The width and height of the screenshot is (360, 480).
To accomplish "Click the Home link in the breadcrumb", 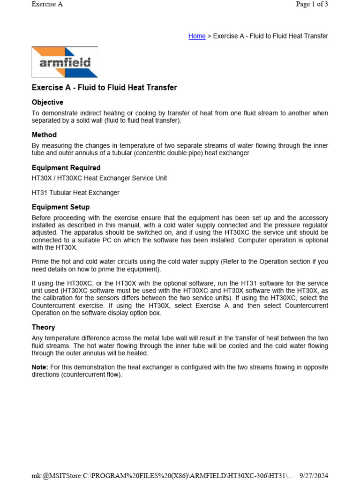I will tap(197, 36).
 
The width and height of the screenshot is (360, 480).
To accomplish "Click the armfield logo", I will tap(65, 62).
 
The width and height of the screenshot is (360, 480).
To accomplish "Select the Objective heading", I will tap(47, 102).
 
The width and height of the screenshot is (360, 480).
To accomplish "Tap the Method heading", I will tap(44, 135).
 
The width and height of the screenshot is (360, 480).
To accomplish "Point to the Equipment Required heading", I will tap(66, 167).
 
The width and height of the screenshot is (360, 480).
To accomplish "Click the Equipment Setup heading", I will tap(60, 207).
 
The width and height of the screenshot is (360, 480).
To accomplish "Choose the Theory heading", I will tap(43, 327).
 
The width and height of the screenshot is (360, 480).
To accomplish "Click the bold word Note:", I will tap(40, 367).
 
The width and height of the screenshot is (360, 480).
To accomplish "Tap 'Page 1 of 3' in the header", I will tap(312, 4).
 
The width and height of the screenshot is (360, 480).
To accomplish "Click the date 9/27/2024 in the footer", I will tap(314, 476).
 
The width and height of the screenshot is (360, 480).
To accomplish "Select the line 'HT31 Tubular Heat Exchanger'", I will tap(75, 193).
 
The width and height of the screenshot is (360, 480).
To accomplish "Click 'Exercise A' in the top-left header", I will tap(47, 4).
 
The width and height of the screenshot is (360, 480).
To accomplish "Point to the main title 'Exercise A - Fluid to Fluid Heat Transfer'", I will tap(104, 87).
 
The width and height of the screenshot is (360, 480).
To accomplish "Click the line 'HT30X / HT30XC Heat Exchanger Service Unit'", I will tap(99, 178).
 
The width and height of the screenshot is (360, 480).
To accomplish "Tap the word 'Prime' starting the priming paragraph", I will tap(41, 261).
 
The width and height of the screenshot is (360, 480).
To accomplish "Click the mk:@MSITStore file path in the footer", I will tap(162, 476).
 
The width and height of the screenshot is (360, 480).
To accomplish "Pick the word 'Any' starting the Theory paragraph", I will tap(37, 338).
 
